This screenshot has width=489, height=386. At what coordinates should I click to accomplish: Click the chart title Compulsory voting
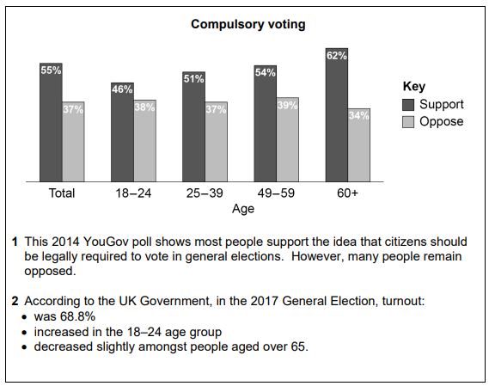click(248, 25)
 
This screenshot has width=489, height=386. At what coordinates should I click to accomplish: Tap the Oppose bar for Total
click(73, 142)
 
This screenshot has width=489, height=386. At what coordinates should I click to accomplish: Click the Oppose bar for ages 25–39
click(216, 142)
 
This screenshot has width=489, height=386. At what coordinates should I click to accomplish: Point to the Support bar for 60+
click(336, 115)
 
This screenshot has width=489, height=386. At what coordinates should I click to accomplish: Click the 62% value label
click(336, 57)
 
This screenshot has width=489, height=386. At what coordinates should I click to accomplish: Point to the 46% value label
click(122, 89)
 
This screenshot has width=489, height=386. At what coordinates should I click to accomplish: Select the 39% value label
click(287, 105)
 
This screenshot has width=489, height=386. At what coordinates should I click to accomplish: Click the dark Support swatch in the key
click(409, 104)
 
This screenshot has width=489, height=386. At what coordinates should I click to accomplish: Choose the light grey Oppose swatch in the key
click(409, 121)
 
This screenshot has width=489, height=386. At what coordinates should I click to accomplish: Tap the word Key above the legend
click(414, 87)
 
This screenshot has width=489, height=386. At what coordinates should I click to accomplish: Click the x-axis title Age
click(243, 208)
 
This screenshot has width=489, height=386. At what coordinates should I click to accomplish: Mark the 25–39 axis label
click(205, 193)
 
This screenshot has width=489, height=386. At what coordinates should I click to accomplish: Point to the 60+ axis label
click(347, 193)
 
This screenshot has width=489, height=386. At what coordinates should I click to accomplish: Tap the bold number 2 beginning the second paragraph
click(15, 302)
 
